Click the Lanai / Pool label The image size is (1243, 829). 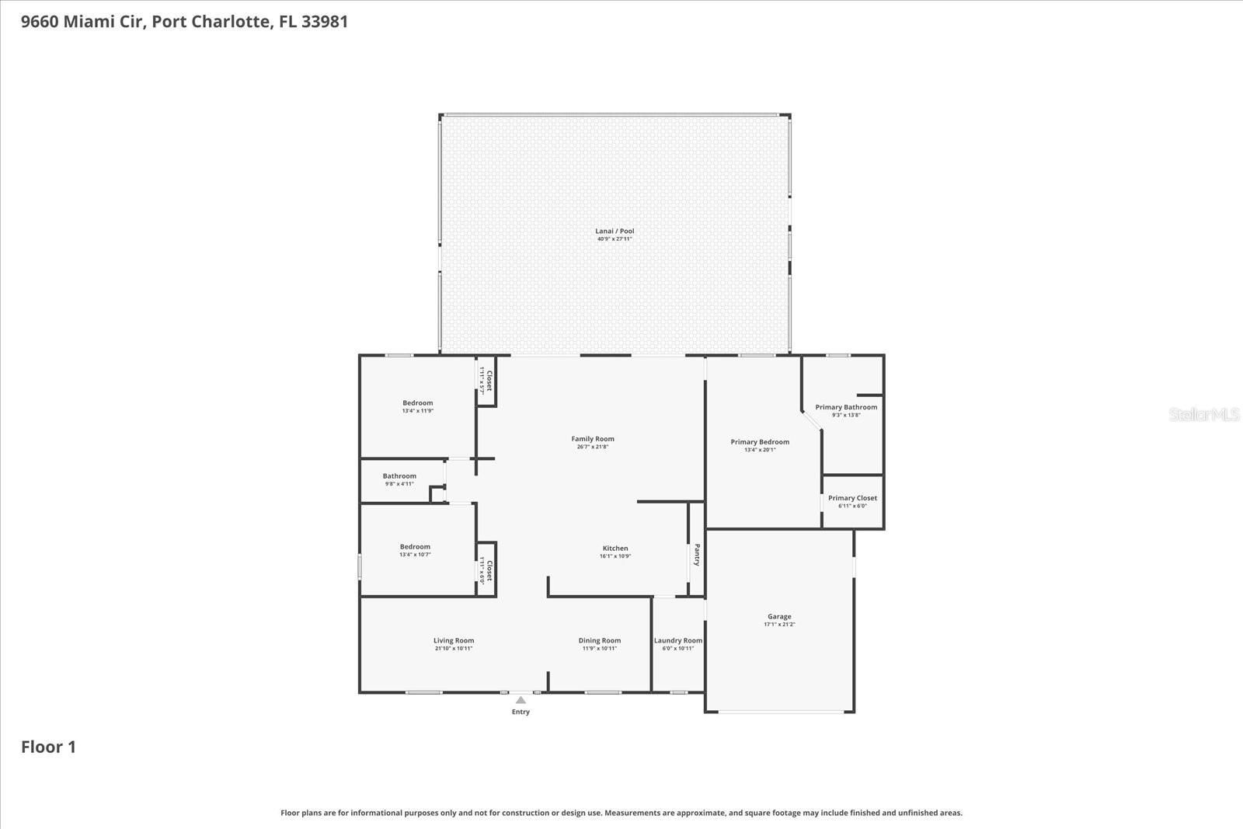pos(615,232)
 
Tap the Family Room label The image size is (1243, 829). pos(593,440)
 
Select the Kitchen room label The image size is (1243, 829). pos(615,549)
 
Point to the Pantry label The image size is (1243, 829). pos(697,555)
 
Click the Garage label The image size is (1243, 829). pos(779,617)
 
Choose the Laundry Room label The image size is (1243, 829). pos(678,641)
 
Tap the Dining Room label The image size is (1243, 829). pos(600,641)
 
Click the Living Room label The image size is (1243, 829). pos(454,641)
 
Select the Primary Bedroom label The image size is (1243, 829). pos(760,442)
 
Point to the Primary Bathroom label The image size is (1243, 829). pos(846,407)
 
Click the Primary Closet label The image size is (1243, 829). pos(852,499)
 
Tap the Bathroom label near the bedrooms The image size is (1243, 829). pos(399,476)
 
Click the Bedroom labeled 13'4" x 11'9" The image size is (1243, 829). pos(418,403)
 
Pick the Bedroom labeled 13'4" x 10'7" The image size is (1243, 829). pos(415,547)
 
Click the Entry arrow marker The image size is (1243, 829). pos(521,700)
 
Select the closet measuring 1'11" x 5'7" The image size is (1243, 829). pos(486,382)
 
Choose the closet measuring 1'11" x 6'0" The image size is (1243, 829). pos(486,570)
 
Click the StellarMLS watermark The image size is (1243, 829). pos(1204,415)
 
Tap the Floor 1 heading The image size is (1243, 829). pos(48,747)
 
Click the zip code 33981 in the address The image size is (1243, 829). pos(325,22)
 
